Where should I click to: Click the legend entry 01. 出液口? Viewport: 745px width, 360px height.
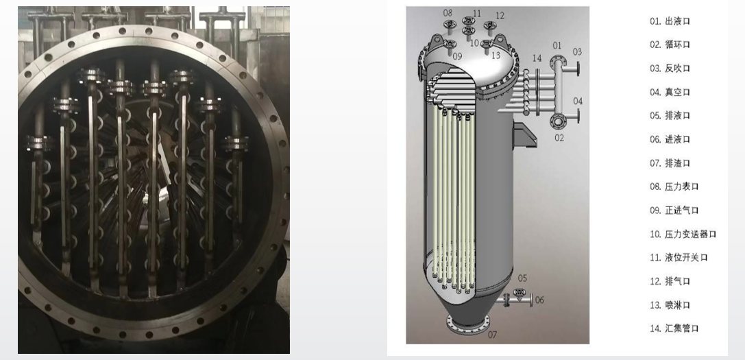pos(670,21)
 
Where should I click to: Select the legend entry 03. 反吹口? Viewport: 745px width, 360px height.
pos(670,69)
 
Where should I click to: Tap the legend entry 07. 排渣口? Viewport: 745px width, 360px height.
pos(670,163)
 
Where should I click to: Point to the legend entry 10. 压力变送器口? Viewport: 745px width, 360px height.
pos(683,234)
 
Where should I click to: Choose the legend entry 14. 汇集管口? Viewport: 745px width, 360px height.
pos(674,328)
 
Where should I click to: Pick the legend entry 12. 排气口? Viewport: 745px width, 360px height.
pos(670,281)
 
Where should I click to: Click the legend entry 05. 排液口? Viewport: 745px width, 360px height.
pos(670,116)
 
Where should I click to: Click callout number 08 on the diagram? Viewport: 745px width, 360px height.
pos(448,13)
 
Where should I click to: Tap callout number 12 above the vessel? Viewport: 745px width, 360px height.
pos(500,16)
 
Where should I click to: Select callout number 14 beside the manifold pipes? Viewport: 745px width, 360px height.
pos(537,58)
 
